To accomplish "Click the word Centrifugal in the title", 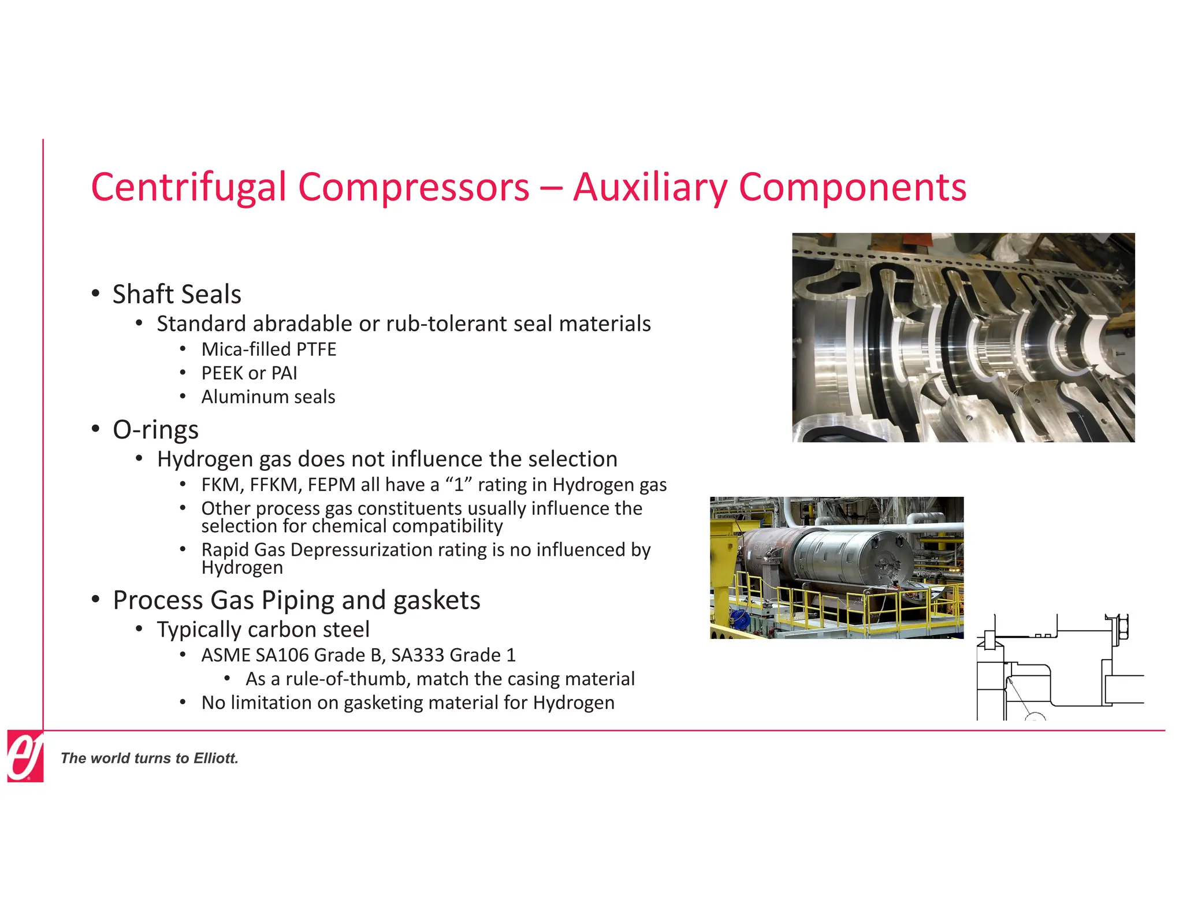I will click(x=188, y=187).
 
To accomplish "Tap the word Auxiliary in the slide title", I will click(x=650, y=187).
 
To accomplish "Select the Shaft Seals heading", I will click(x=176, y=294).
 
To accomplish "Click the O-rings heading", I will click(x=155, y=430).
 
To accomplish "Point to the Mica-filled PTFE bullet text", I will click(x=269, y=350).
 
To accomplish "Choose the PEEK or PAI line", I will click(x=249, y=373).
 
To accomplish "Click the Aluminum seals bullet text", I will click(x=268, y=397).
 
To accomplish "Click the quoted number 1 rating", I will click(x=459, y=485).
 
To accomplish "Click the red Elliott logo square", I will click(x=25, y=756).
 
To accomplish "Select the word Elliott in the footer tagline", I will click(x=215, y=759).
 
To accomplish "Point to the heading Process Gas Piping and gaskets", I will click(x=296, y=600).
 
